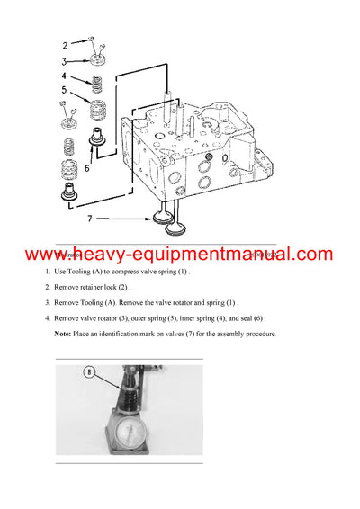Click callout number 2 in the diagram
click(65, 45)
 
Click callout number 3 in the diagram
click(65, 61)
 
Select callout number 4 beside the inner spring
click(64, 77)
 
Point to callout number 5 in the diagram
click(64, 90)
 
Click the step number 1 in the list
click(47, 272)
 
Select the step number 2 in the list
click(47, 287)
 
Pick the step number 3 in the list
click(47, 303)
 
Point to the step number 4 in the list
click(47, 318)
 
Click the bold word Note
click(64, 335)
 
